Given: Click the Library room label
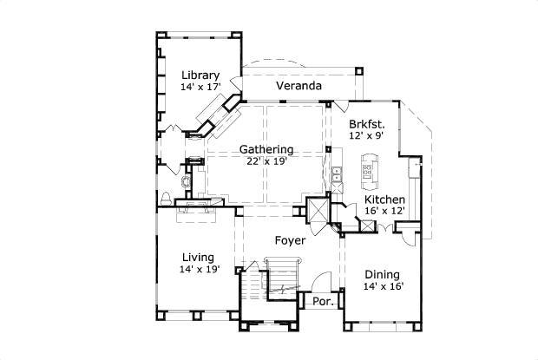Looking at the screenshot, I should (x=200, y=75).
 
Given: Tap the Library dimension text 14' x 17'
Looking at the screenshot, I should (x=200, y=87).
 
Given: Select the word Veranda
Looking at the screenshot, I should (x=299, y=87).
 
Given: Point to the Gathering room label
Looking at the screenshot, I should (x=266, y=148).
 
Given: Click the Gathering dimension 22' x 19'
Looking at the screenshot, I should (x=266, y=160).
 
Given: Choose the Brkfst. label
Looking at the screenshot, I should (x=366, y=124).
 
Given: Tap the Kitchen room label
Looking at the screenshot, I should (x=384, y=199).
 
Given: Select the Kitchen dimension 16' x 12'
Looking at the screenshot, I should (x=384, y=211).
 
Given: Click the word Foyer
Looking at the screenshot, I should (x=290, y=240).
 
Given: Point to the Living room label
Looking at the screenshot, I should (x=200, y=257).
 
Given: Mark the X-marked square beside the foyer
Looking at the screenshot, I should (x=317, y=210).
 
